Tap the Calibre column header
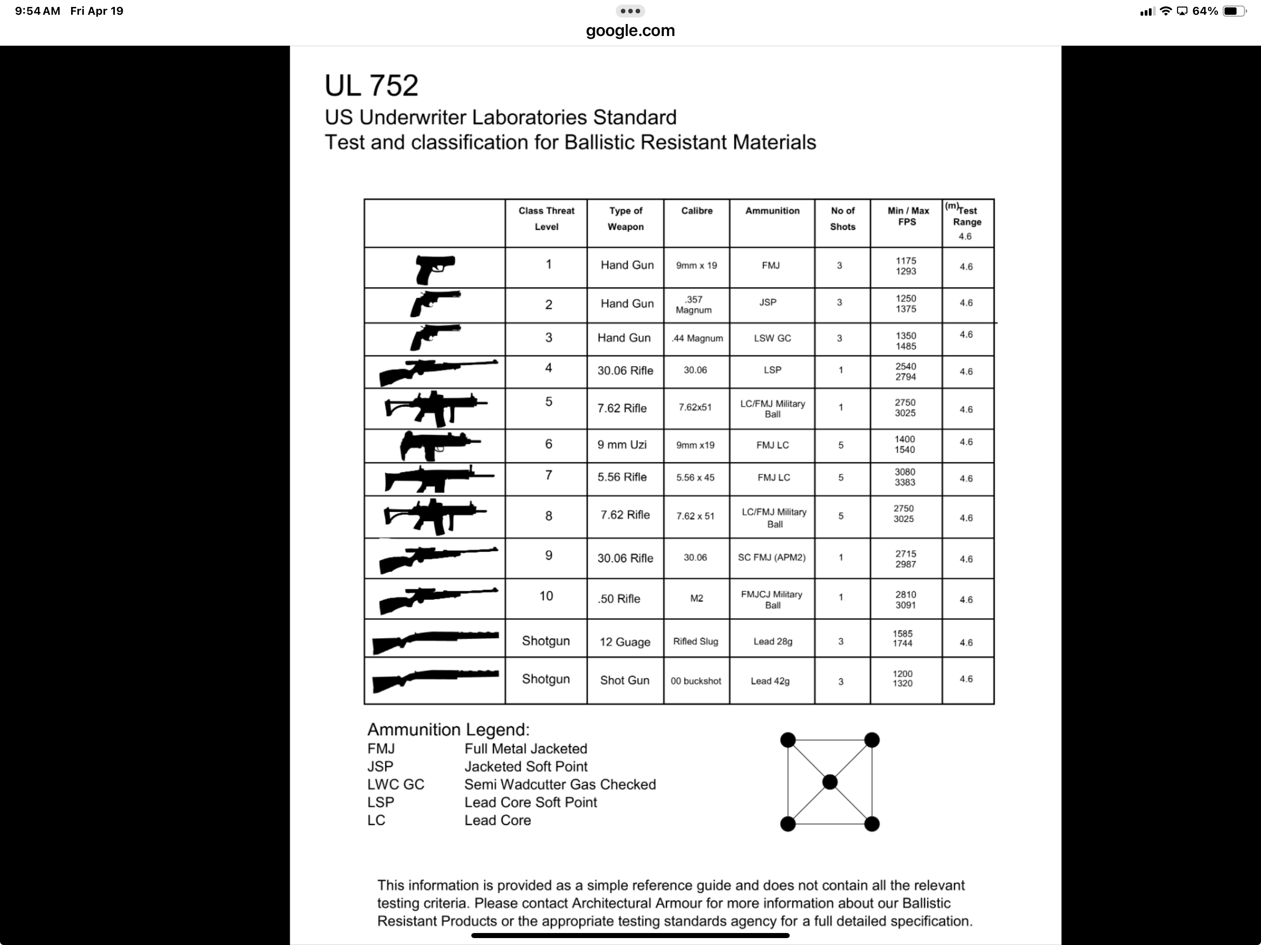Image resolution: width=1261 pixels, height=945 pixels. (x=697, y=211)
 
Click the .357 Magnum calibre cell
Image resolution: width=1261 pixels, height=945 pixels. (x=694, y=305)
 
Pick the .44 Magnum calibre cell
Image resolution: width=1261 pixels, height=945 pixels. (x=697, y=338)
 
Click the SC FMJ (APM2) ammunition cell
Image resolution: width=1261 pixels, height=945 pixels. (x=771, y=557)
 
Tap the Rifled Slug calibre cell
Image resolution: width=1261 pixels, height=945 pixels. (x=696, y=641)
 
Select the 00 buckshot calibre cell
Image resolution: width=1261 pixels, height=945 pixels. (x=696, y=681)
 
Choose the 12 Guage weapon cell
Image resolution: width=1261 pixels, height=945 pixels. (x=625, y=642)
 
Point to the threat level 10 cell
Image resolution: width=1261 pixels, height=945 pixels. (x=546, y=596)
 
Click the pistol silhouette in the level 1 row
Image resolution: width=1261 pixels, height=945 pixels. (x=434, y=269)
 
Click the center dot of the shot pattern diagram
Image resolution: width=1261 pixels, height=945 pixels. (x=829, y=782)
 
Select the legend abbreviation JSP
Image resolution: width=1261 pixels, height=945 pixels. (x=380, y=766)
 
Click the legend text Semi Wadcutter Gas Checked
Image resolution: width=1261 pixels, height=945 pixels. (x=560, y=785)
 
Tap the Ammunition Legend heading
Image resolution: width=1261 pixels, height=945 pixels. (x=448, y=730)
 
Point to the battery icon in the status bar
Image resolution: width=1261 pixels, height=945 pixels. (x=1233, y=12)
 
